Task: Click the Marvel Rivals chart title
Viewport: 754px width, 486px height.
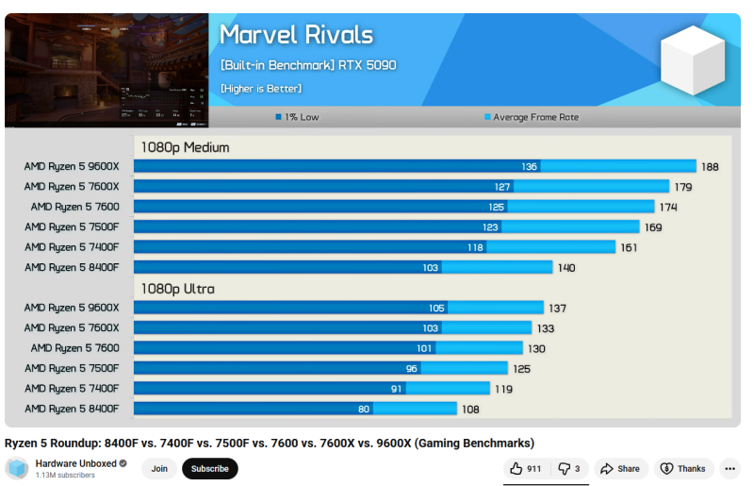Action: pyautogui.click(x=296, y=36)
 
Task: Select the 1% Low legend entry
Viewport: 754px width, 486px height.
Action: pyautogui.click(x=297, y=118)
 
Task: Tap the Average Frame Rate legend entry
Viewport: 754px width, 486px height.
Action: pyautogui.click(x=532, y=118)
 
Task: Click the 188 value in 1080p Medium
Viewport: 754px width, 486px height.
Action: pyautogui.click(x=710, y=166)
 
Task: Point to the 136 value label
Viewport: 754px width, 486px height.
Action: pyautogui.click(x=529, y=166)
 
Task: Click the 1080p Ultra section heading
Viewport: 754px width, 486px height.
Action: pyautogui.click(x=178, y=289)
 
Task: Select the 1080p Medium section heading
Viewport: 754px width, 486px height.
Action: pyautogui.click(x=186, y=147)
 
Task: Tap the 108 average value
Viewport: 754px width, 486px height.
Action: pyautogui.click(x=470, y=409)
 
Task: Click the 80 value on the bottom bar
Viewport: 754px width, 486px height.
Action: pyautogui.click(x=363, y=409)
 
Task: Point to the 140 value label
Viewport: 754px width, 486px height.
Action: pyautogui.click(x=566, y=267)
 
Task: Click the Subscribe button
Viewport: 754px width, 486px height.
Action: pyautogui.click(x=210, y=468)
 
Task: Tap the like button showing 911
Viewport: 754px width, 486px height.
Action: pyautogui.click(x=526, y=468)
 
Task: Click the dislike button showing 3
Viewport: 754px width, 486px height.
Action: pyautogui.click(x=569, y=468)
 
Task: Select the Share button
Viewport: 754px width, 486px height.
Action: pyautogui.click(x=620, y=468)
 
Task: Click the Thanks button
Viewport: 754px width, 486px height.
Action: pyautogui.click(x=683, y=468)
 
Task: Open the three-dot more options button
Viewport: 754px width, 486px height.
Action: pyautogui.click(x=730, y=468)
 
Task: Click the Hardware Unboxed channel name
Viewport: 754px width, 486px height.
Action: pyautogui.click(x=76, y=463)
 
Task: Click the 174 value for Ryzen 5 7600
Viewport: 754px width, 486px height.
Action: pyautogui.click(x=668, y=207)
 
